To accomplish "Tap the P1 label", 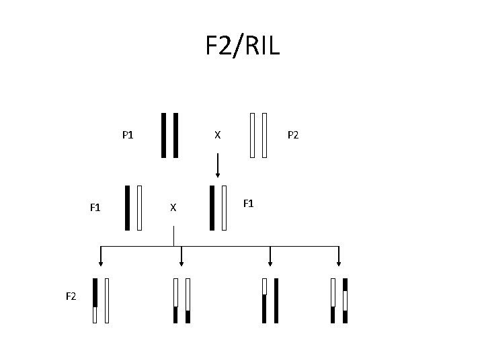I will point(128,134).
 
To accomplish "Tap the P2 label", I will point(293,134).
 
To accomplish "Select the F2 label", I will point(71,296).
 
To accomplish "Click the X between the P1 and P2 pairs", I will point(216,134).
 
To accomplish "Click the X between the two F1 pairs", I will point(173,208).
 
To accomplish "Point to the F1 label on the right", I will point(249,202).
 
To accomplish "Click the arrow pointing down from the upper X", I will point(217,165).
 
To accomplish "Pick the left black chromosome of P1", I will point(163,134).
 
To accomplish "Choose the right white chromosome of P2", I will point(265,134).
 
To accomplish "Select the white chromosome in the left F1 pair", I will point(139,208).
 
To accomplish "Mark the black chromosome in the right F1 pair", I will point(213,208).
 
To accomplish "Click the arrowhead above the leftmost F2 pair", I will point(101,262).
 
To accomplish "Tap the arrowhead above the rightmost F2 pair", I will point(339,262).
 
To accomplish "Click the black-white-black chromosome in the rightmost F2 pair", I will point(345,300).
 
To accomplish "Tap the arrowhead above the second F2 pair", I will point(182,262).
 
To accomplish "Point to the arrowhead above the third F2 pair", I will point(270,262).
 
